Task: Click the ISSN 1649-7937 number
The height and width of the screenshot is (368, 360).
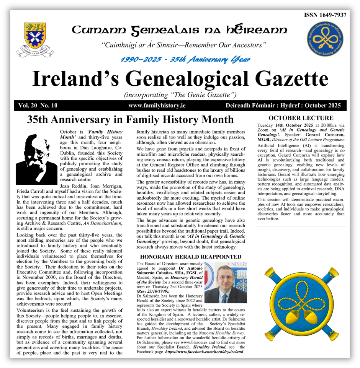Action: [325, 15]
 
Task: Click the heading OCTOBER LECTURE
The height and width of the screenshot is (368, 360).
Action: [301, 118]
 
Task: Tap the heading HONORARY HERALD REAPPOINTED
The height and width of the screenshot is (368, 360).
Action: [191, 257]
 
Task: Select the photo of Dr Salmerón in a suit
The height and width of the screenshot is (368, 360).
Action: [226, 283]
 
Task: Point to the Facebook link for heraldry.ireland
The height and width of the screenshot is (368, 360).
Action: [204, 351]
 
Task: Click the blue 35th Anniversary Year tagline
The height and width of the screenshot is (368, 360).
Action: [185, 59]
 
